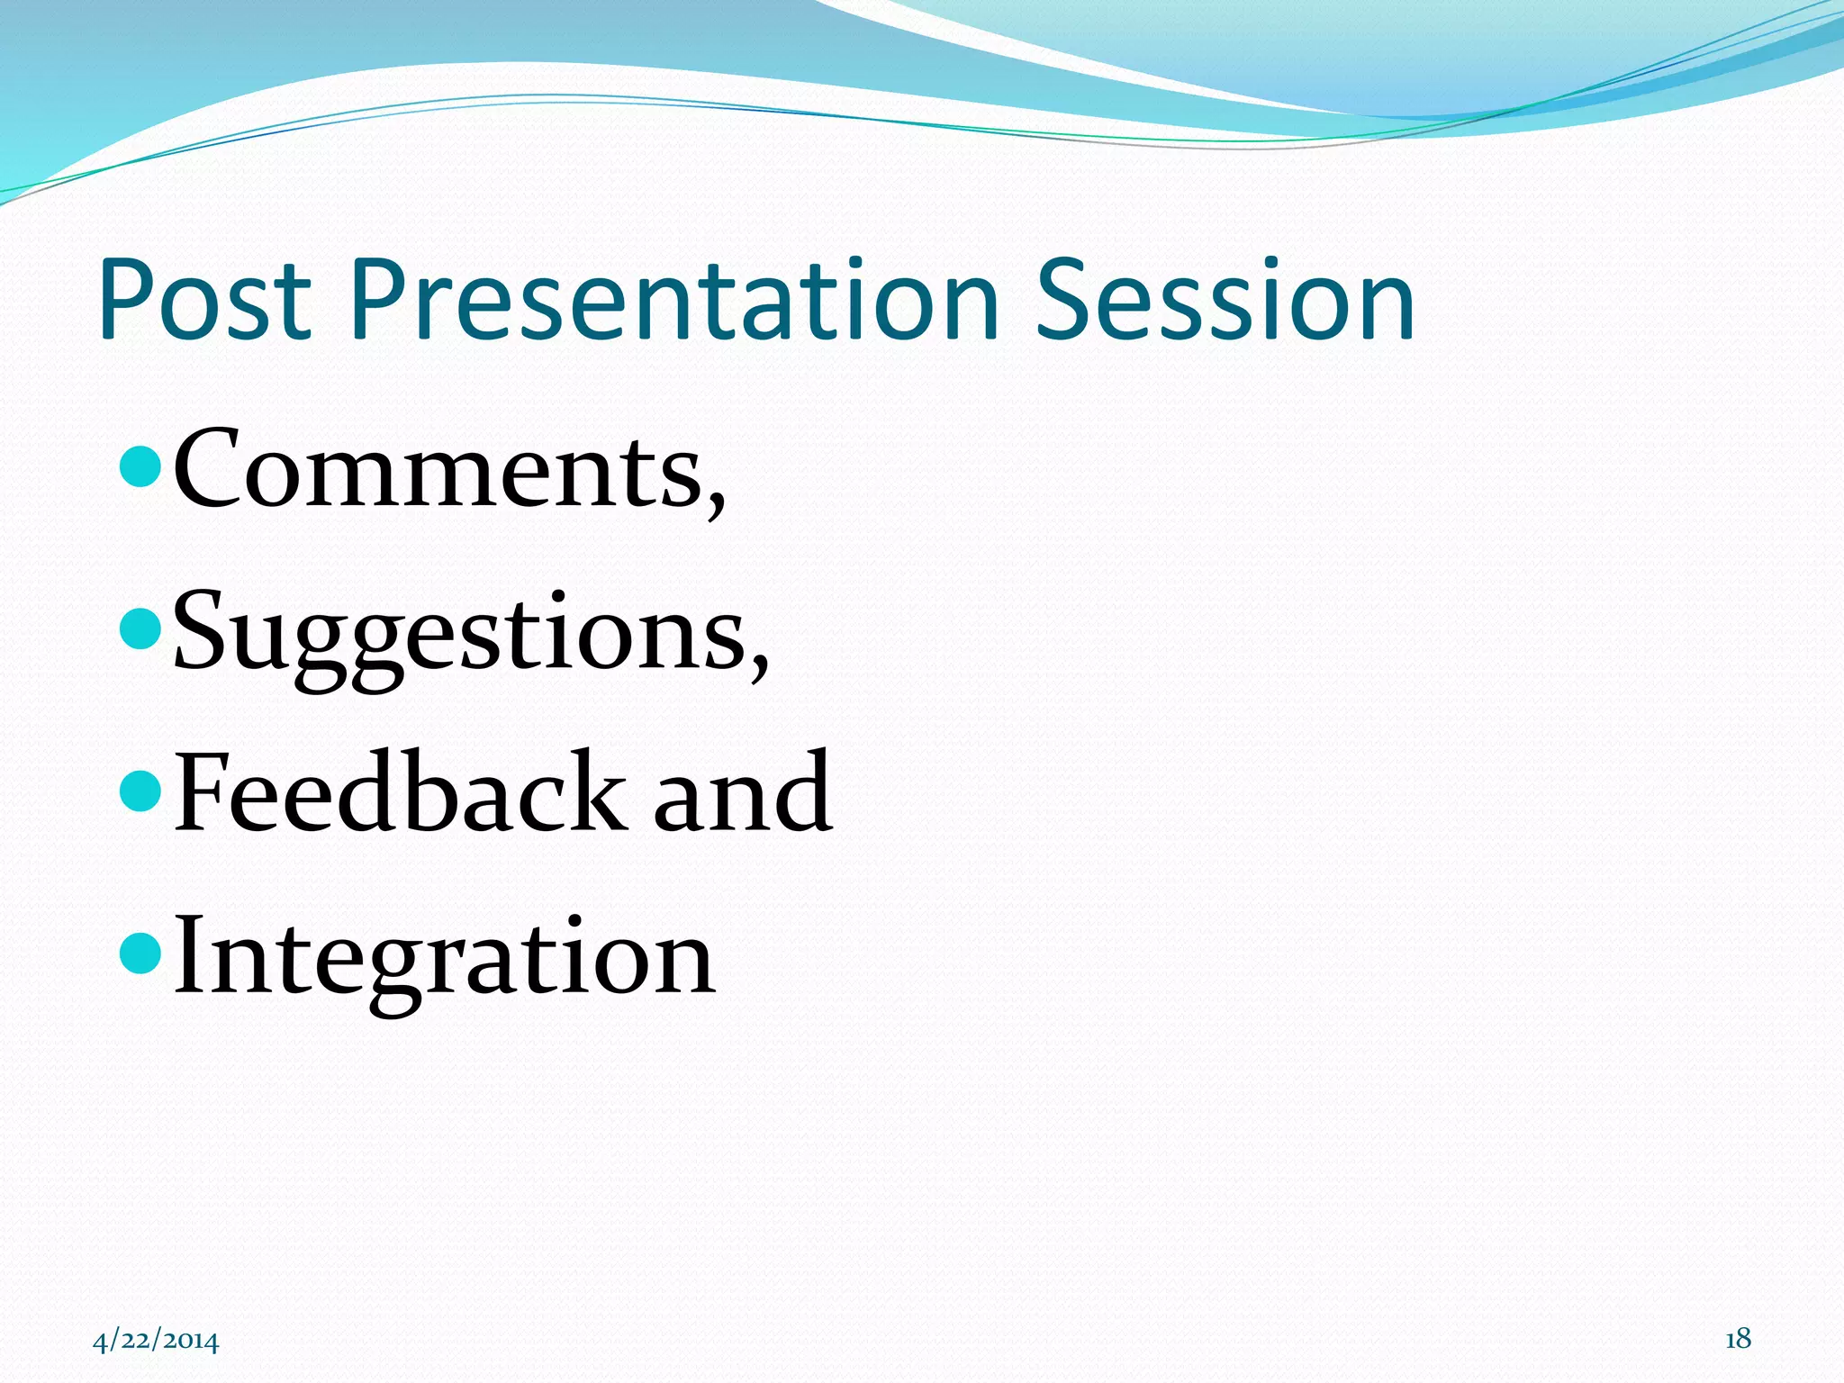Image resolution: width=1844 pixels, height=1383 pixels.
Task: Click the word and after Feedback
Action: [x=742, y=792]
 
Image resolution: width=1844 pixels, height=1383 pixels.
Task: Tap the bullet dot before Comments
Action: [x=140, y=466]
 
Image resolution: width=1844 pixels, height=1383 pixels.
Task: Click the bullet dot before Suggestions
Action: [x=140, y=628]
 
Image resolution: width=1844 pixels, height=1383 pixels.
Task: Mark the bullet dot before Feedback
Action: [x=140, y=789]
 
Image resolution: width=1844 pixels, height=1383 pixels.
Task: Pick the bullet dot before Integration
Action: [x=140, y=953]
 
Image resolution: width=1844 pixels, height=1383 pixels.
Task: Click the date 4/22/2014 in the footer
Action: [x=156, y=1341]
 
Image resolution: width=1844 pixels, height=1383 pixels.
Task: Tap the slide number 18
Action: [x=1738, y=1339]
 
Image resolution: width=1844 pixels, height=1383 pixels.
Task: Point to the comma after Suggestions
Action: [x=760, y=667]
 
